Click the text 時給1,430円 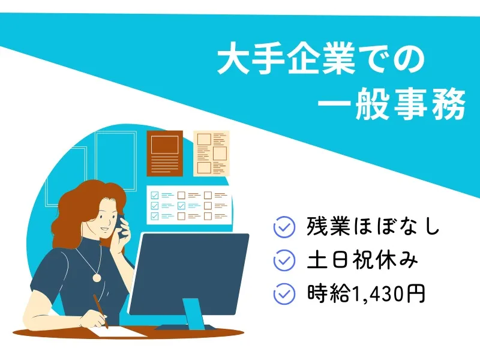tap(365, 294)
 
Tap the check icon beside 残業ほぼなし tap(283, 228)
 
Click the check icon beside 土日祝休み tap(283, 261)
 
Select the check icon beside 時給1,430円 tap(283, 294)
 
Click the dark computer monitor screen tap(188, 273)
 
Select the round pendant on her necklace tap(97, 277)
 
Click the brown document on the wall tap(164, 153)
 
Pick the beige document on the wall tap(211, 153)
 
